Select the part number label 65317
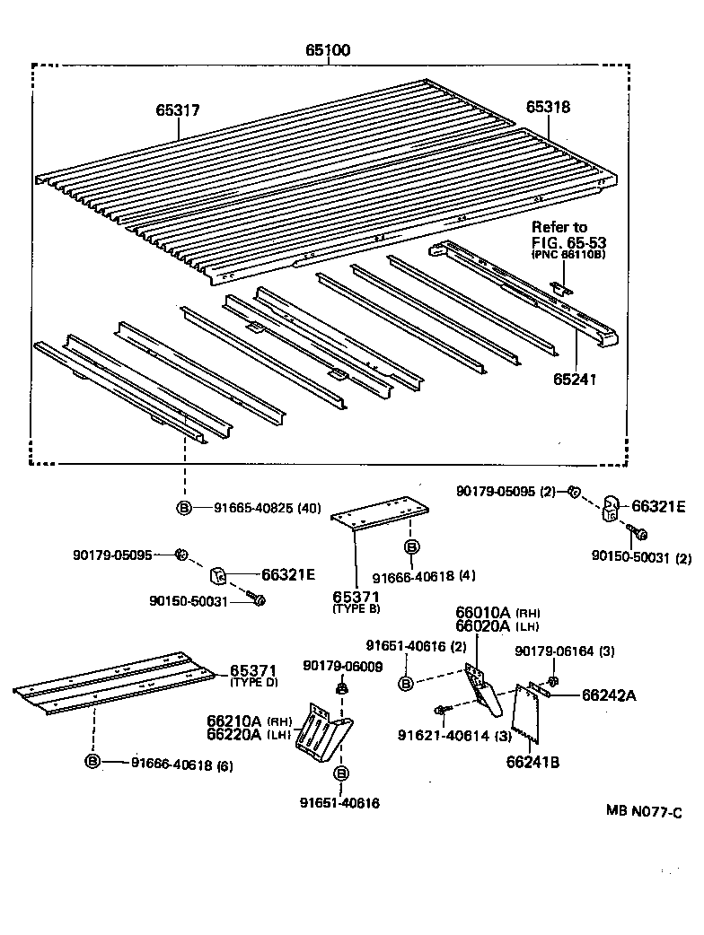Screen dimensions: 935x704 [x=178, y=111]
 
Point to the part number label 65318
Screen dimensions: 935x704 [x=548, y=107]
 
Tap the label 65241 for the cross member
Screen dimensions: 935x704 [x=576, y=380]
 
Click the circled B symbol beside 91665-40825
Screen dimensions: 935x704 [x=184, y=508]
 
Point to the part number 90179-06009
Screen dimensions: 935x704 [x=343, y=666]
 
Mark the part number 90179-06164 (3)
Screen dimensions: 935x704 [x=564, y=651]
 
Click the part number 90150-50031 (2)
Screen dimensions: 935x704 [x=641, y=557]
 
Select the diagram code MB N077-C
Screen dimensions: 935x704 [x=643, y=812]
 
